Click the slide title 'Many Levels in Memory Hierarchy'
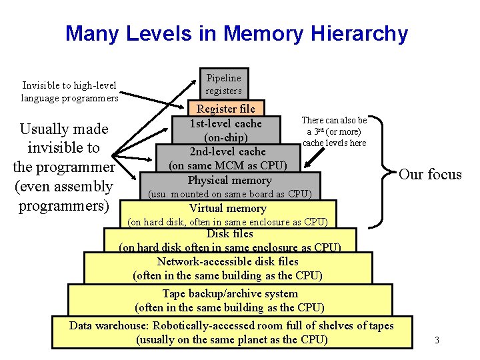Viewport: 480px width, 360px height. (236, 33)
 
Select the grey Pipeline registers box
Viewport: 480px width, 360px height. (224, 84)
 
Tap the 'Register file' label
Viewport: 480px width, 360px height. (225, 109)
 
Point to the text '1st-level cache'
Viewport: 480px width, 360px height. (226, 123)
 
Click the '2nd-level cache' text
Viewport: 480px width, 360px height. (228, 151)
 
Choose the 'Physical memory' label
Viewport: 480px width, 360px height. (229, 180)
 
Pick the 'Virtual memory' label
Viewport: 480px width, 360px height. (228, 208)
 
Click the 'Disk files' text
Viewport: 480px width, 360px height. (229, 234)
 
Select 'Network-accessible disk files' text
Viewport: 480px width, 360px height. (228, 261)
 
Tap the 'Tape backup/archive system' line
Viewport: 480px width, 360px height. (230, 293)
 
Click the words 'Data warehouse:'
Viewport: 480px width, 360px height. (109, 325)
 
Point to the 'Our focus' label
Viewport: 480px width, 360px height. (430, 175)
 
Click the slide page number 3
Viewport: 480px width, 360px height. (437, 341)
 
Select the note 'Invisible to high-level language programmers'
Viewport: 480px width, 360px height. (69, 92)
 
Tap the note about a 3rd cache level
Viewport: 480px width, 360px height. (334, 131)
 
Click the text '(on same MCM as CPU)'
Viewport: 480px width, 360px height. (228, 165)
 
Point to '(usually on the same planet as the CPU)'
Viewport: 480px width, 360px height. (231, 339)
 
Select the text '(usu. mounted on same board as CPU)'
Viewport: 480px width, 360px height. (229, 194)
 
